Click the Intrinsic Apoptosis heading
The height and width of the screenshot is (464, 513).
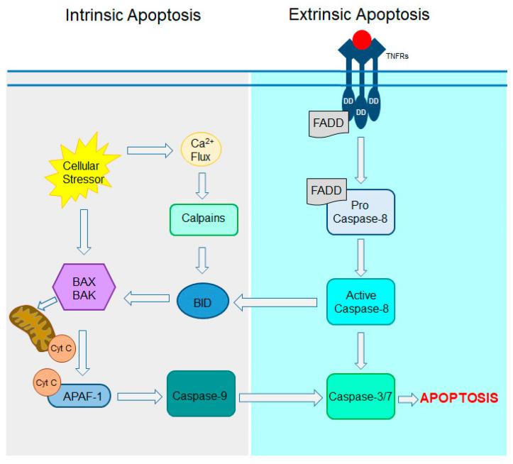[x=133, y=15]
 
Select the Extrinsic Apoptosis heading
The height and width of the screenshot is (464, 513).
[x=358, y=14]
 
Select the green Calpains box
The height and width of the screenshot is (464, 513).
[x=203, y=219]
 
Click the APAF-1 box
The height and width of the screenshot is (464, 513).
[x=79, y=396]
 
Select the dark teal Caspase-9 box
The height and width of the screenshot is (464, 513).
[x=201, y=393]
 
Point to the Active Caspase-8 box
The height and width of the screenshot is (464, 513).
[x=360, y=302]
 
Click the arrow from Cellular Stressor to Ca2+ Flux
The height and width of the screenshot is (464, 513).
[x=150, y=150]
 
